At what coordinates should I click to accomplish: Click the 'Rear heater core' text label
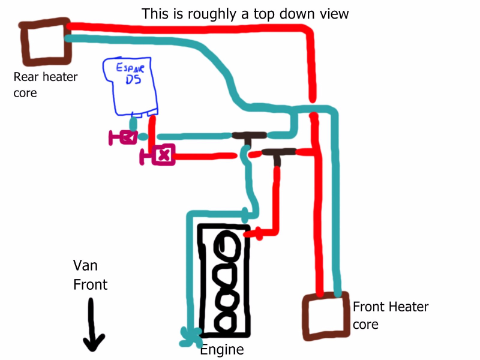pyautogui.click(x=46, y=85)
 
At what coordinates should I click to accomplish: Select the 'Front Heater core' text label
pyautogui.click(x=391, y=316)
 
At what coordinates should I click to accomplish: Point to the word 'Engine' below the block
pyautogui.click(x=221, y=350)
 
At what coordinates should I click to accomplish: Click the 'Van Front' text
pyautogui.click(x=90, y=275)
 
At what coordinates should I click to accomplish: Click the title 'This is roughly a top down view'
pyautogui.click(x=244, y=13)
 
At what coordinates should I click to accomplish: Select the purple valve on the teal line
pyautogui.click(x=124, y=137)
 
